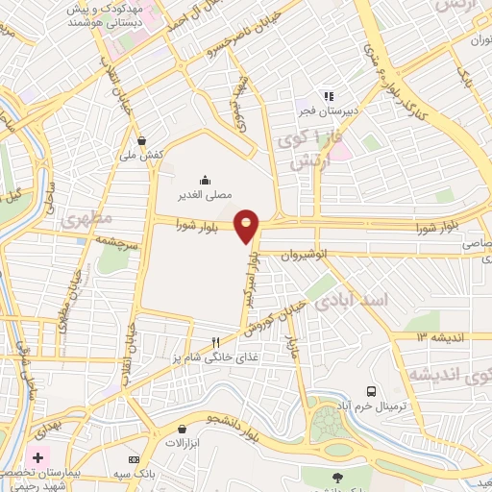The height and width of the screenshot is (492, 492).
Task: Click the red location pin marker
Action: coord(247,225)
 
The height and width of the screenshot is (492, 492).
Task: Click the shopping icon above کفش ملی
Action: coord(142,138)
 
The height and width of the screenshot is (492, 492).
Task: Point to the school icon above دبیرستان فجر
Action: coord(328,96)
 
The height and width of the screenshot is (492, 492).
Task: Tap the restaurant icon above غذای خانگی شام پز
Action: coord(216,342)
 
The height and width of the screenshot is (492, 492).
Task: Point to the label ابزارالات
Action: coord(181,443)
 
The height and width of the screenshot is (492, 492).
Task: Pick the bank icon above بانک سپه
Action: coord(134,459)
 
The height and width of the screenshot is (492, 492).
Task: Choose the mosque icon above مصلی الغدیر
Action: coord(205,179)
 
